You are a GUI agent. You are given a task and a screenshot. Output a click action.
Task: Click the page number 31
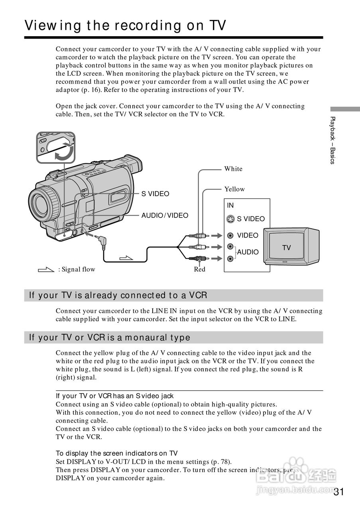(x=338, y=492)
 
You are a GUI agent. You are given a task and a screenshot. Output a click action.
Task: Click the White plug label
(x=233, y=169)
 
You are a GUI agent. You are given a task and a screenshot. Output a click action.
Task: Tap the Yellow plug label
(x=234, y=189)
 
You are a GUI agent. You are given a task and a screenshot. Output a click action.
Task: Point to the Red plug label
(x=199, y=269)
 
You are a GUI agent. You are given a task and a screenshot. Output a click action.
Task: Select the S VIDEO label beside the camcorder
(x=155, y=194)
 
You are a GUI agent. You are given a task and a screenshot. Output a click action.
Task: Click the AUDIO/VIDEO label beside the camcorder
(x=165, y=216)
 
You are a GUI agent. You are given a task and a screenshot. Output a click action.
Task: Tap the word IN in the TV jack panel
(x=230, y=206)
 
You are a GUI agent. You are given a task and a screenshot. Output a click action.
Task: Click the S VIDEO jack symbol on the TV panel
(x=230, y=219)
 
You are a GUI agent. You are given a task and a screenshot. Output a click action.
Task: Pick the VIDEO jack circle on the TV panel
(x=230, y=235)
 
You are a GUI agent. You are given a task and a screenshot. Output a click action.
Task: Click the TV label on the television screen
(x=286, y=248)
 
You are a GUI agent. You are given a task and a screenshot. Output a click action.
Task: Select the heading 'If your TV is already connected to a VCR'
(x=118, y=295)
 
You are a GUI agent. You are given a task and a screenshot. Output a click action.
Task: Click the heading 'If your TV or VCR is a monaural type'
(x=110, y=337)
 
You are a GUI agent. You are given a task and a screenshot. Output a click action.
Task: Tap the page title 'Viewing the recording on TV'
(x=125, y=25)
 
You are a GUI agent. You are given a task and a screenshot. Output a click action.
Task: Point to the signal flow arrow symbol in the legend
(x=45, y=270)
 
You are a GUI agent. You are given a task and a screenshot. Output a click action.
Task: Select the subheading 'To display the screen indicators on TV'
(x=116, y=453)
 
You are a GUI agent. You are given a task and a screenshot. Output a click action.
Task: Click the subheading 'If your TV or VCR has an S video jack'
(x=114, y=396)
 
